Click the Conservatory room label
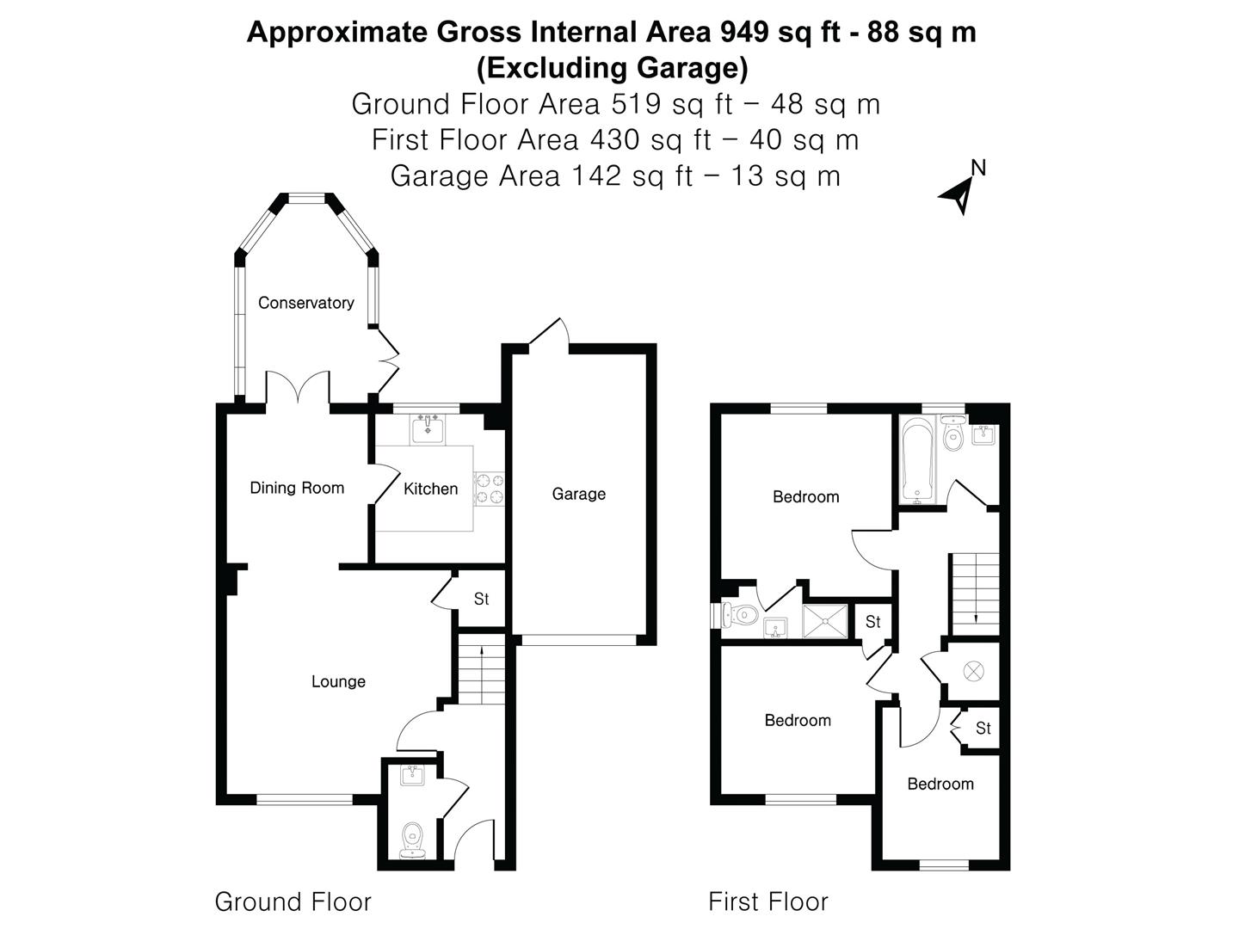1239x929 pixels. (x=305, y=303)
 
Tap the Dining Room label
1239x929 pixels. (x=297, y=488)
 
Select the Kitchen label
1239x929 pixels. (x=430, y=489)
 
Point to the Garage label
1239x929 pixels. (x=578, y=494)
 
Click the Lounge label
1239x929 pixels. (x=338, y=681)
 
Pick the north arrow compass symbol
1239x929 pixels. (x=961, y=191)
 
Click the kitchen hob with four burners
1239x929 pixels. (x=490, y=488)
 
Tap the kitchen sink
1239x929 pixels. (x=428, y=428)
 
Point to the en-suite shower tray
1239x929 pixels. (x=824, y=621)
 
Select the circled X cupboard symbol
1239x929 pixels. (x=973, y=670)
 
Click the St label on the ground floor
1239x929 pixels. (x=481, y=599)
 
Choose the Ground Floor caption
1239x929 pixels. (x=293, y=901)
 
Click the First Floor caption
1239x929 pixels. (x=767, y=901)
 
